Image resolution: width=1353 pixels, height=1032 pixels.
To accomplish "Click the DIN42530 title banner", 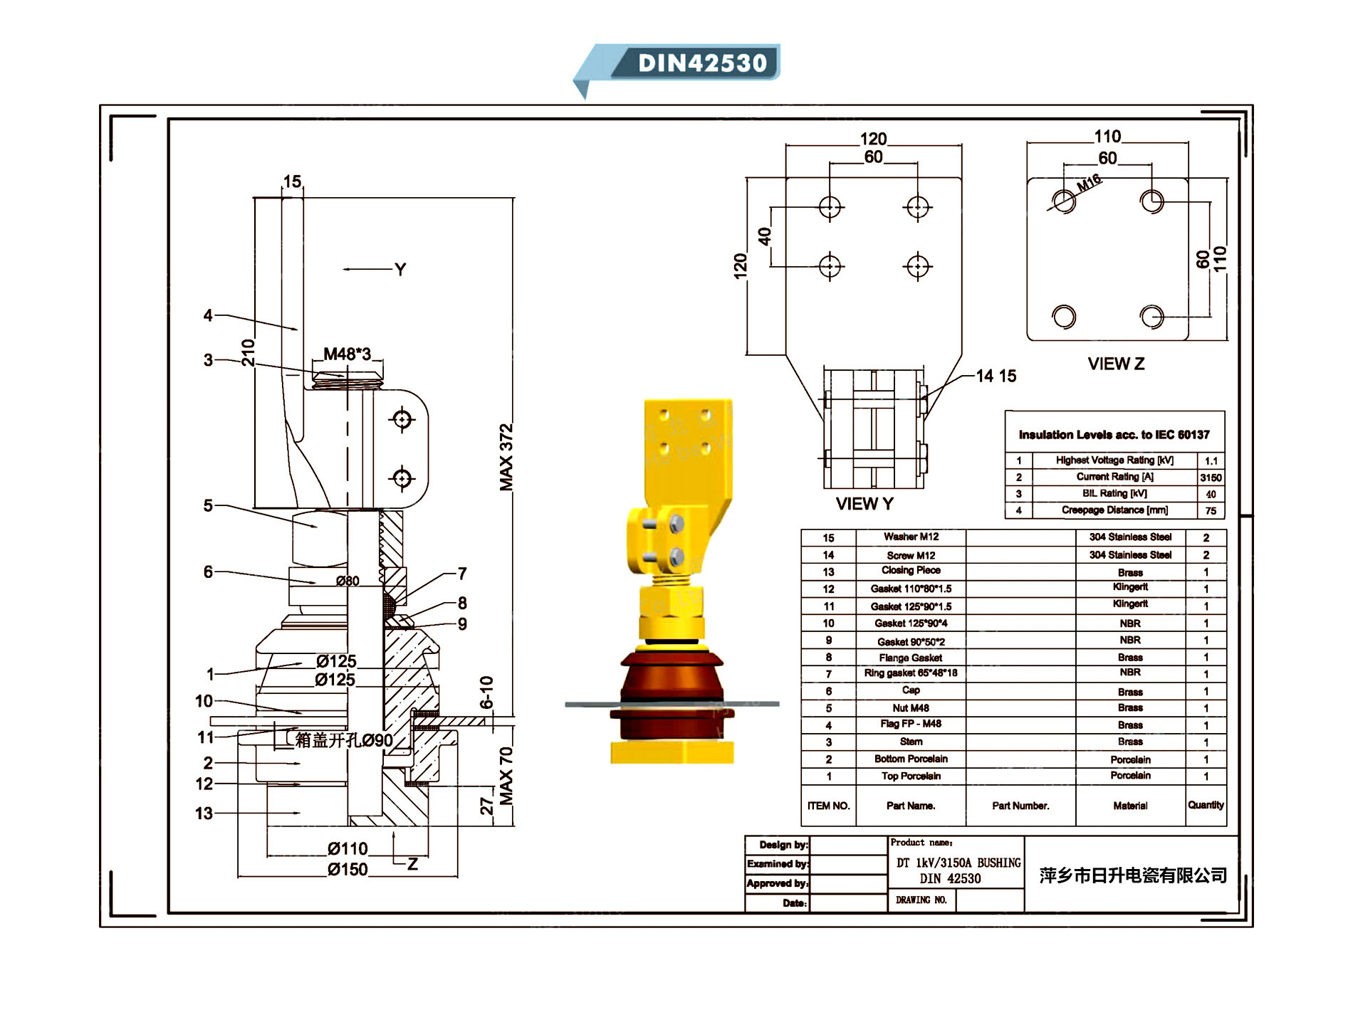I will (701, 63).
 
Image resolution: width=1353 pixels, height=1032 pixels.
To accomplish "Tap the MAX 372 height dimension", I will (506, 457).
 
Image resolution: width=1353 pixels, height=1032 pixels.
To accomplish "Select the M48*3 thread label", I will (347, 354).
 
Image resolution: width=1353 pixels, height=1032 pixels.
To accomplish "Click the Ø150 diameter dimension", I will (348, 869).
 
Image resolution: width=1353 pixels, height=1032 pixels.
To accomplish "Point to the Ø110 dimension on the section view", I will (348, 848).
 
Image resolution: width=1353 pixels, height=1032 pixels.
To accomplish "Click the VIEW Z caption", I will (1116, 364).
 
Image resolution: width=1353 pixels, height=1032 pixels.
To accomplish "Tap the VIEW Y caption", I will (864, 504).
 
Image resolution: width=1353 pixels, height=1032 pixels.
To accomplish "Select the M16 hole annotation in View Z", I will (1088, 183).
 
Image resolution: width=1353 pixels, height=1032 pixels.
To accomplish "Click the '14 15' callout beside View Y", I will (996, 376).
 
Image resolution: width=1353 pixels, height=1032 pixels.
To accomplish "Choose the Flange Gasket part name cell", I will (910, 658).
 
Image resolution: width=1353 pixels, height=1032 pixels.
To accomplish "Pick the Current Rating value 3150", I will (1211, 478).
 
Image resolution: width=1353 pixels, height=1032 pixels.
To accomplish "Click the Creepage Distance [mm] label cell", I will (1114, 510).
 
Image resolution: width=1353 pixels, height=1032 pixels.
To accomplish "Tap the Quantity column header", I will (1206, 805).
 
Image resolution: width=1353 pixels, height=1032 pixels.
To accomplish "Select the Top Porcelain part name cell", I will (910, 776).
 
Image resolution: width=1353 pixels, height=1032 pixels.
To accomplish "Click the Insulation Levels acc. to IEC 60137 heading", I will (1114, 435).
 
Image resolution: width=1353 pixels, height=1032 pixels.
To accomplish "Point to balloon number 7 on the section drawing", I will (462, 573).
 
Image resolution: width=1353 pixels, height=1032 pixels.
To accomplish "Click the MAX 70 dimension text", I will (506, 776).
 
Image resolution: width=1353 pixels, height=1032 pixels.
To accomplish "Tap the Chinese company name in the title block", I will (1132, 875).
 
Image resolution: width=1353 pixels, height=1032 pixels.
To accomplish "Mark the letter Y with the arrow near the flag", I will (400, 269).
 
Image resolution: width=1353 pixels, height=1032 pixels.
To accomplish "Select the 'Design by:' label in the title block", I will (783, 845).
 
